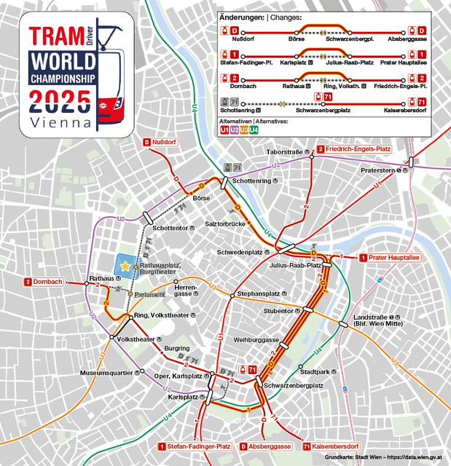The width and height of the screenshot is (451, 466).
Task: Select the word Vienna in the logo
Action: click(61, 122)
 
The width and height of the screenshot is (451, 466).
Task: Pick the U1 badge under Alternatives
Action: click(226, 130)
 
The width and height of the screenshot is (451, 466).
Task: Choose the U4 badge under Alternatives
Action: click(254, 130)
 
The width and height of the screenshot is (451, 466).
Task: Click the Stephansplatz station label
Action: click(259, 294)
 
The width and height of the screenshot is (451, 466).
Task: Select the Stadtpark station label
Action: click(314, 371)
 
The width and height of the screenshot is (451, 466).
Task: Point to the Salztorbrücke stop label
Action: click(225, 224)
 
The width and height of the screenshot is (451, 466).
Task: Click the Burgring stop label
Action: click(177, 349)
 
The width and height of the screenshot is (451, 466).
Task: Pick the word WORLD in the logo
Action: click(63, 60)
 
